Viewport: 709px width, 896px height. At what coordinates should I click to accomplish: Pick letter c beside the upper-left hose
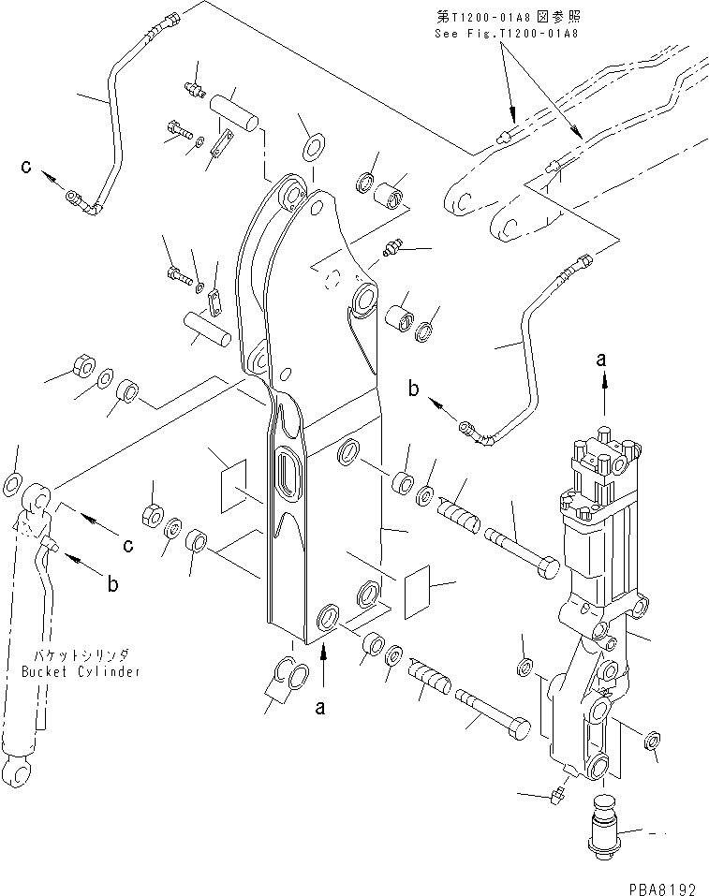pos(28,168)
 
